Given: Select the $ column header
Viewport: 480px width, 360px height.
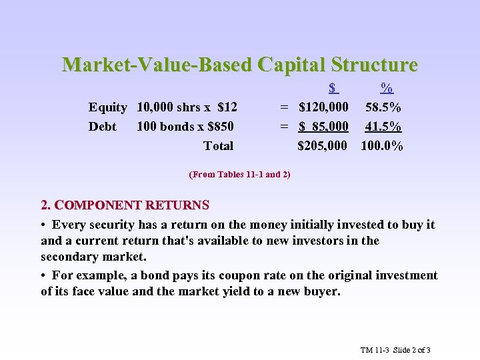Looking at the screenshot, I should click(x=334, y=88).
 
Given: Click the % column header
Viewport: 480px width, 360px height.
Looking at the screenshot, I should click(x=386, y=88).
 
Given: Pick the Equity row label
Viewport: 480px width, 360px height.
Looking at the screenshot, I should click(x=108, y=107).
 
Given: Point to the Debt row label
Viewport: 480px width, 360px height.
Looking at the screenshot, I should click(x=102, y=127).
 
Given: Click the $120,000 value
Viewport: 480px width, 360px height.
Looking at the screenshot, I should click(x=323, y=107).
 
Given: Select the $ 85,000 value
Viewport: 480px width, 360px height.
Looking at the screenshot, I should click(x=323, y=127).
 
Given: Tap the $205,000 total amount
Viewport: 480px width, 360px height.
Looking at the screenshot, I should click(x=322, y=146).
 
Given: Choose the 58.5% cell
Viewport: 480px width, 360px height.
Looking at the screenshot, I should click(x=383, y=107).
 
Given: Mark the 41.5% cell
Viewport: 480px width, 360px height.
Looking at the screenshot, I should click(x=383, y=127).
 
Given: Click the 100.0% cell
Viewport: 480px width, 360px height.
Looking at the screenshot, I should click(x=382, y=146).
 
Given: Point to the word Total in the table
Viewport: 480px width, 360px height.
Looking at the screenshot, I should click(x=218, y=146).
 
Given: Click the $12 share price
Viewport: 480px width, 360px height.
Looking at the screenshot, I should click(x=227, y=107).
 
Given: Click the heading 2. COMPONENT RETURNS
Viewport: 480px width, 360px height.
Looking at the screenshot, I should click(x=125, y=205).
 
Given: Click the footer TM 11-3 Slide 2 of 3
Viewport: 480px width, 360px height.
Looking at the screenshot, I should click(x=396, y=350).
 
